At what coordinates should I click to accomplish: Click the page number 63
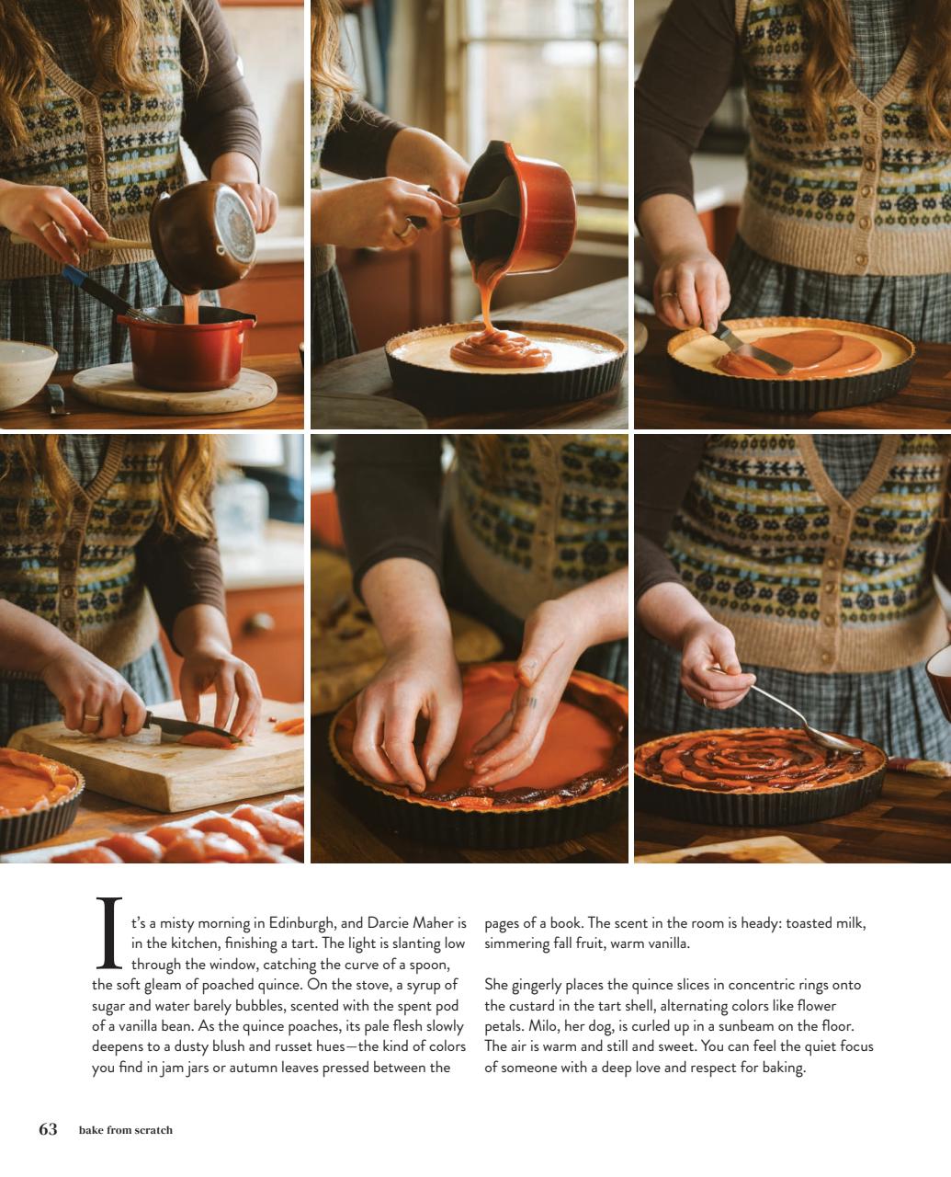(x=48, y=1129)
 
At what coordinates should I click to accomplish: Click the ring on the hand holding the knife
(x=91, y=716)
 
